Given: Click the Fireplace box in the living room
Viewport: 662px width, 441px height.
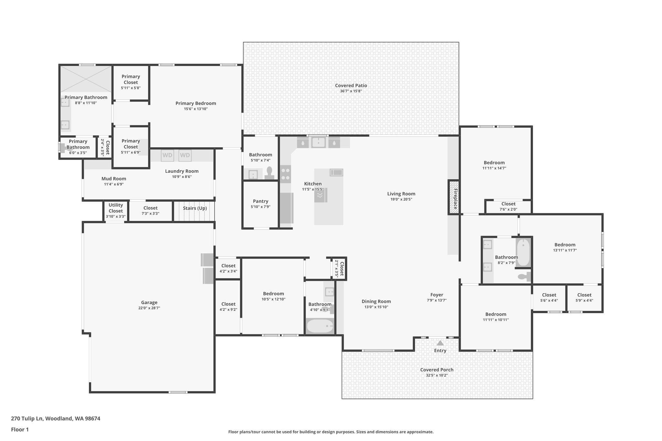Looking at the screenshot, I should (x=454, y=197).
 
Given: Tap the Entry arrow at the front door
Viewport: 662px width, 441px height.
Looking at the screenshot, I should (x=440, y=343).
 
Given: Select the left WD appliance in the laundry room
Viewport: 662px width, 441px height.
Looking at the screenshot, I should (x=167, y=155).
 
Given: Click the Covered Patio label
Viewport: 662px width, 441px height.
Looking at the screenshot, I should (x=351, y=86).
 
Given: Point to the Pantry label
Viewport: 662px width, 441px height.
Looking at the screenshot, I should (x=260, y=201).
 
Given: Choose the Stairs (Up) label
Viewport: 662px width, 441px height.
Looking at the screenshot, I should (x=195, y=208).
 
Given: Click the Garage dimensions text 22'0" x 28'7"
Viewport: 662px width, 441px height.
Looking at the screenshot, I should (x=149, y=308).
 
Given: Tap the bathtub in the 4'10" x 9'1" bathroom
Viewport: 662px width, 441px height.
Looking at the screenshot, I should (x=320, y=326).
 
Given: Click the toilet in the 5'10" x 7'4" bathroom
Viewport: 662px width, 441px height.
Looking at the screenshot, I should (x=269, y=173).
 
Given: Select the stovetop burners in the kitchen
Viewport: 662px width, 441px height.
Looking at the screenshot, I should (x=285, y=174).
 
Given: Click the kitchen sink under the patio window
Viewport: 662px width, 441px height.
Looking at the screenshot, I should (x=318, y=142).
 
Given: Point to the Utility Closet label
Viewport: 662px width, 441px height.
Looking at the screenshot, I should (x=116, y=208).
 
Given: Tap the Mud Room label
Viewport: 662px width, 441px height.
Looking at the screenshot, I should (x=114, y=179).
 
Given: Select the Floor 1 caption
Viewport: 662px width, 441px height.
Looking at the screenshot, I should (x=20, y=430).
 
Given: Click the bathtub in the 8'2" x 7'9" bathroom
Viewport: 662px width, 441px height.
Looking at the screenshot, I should (x=523, y=252).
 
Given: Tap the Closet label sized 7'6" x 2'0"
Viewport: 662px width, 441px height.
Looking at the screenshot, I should (x=508, y=204).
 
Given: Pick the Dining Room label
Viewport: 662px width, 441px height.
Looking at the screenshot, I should (x=376, y=301).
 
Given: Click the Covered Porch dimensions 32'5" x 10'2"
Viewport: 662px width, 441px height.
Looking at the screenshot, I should (x=436, y=375).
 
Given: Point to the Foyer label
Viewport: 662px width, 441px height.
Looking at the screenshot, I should (x=436, y=295).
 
